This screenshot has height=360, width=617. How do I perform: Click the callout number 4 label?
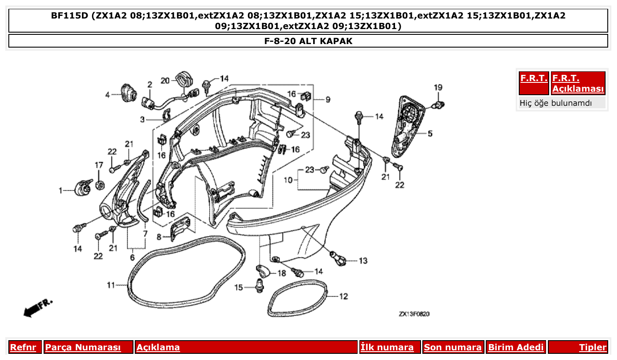pyautogui.click(x=107, y=94)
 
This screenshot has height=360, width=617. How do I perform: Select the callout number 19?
pyautogui.click(x=437, y=87)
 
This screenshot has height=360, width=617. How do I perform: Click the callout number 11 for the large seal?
pyautogui.click(x=111, y=285)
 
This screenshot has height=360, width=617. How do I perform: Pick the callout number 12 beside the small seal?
pyautogui.click(x=344, y=297)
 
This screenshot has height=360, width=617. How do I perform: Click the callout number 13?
pyautogui.click(x=362, y=261)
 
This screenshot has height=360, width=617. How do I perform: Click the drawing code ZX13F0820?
pyautogui.click(x=414, y=314)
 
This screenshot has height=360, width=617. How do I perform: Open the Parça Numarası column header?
pyautogui.click(x=83, y=347)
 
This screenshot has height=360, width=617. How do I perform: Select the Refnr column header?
pyautogui.click(x=23, y=347)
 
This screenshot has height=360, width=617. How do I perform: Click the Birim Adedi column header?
pyautogui.click(x=516, y=347)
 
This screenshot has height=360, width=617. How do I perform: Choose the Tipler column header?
pyautogui.click(x=592, y=347)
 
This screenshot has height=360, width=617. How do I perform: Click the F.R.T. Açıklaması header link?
pyautogui.click(x=578, y=83)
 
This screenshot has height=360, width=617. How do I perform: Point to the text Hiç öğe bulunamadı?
pyautogui.click(x=556, y=103)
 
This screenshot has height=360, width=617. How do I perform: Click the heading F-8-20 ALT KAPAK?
pyautogui.click(x=308, y=41)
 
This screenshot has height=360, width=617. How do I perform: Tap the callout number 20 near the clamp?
pyautogui.click(x=165, y=80)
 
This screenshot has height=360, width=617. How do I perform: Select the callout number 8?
pyautogui.click(x=159, y=237)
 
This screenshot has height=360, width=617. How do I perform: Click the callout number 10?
pyautogui.click(x=288, y=180)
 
